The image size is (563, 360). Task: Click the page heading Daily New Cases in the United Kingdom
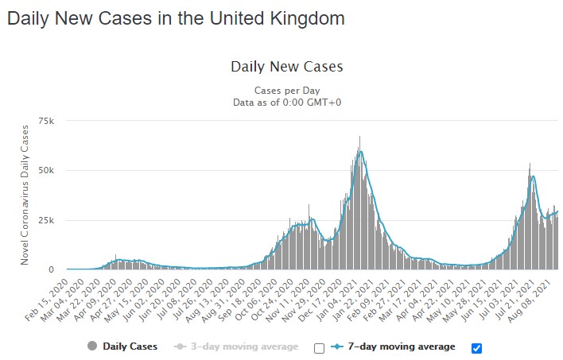point(176,18)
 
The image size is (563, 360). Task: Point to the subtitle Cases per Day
point(286,91)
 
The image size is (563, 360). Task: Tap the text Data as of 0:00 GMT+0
point(286,103)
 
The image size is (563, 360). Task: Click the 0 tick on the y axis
point(52,269)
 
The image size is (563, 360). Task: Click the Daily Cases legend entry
point(130,346)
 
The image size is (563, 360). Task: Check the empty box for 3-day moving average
point(319,347)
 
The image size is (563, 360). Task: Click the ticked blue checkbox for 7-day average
point(477,347)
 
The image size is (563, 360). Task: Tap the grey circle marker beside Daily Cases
point(92,346)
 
